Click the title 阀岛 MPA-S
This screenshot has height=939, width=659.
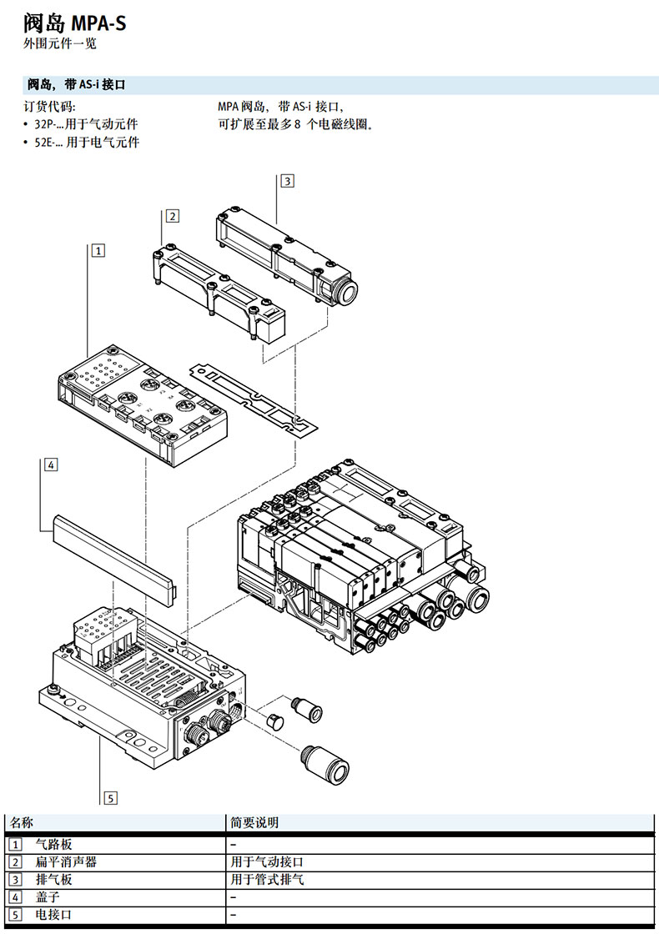(75, 23)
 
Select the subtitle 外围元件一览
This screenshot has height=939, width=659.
(60, 43)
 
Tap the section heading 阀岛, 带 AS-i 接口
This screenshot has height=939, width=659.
(76, 84)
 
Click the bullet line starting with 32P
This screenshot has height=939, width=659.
(81, 124)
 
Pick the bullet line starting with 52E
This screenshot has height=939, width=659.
(81, 142)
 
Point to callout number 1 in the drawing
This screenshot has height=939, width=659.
(98, 250)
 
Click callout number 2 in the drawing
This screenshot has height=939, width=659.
(173, 216)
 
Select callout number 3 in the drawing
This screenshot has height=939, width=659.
(288, 181)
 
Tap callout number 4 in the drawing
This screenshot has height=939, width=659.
(51, 464)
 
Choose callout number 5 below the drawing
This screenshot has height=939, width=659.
(111, 798)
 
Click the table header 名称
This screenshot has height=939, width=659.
(22, 822)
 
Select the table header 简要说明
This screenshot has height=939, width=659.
(254, 822)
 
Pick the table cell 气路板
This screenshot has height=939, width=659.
(54, 845)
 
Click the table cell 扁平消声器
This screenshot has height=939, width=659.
(66, 861)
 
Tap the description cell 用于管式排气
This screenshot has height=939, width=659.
(267, 879)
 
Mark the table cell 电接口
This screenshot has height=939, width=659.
(54, 915)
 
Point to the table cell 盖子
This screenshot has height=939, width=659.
(48, 896)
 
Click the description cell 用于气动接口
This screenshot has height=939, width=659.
(267, 861)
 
